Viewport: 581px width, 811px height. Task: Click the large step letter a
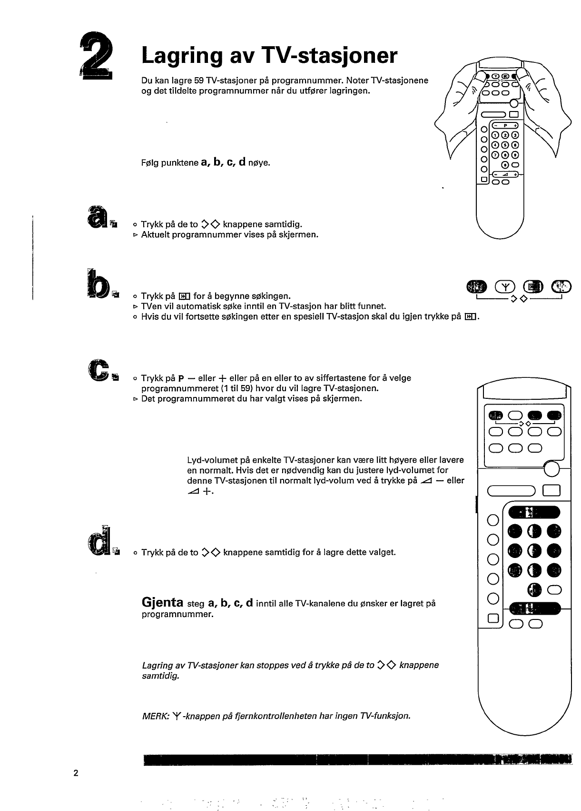click(97, 214)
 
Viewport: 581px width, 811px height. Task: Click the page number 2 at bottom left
click(76, 772)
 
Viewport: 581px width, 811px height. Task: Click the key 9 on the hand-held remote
click(515, 155)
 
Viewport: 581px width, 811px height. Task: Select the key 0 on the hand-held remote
click(505, 165)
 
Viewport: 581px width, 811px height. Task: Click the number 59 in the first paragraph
click(199, 81)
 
